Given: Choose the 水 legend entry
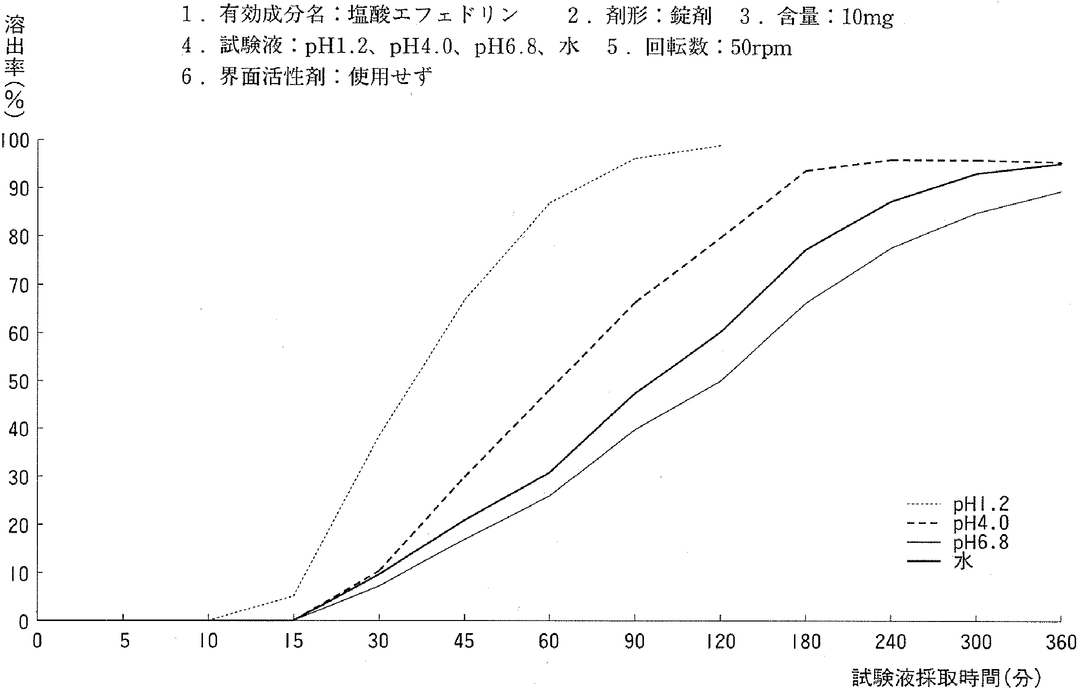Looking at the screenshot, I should click(963, 562).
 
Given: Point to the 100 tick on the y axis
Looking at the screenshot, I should click(16, 141).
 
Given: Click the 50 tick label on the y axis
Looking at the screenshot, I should click(18, 381).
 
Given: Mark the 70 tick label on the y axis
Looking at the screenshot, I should click(18, 285).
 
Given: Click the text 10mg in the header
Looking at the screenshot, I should click(867, 18).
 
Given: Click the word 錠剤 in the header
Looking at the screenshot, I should click(692, 17).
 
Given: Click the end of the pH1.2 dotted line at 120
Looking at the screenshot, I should click(720, 146).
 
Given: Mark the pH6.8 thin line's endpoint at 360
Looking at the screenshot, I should click(1061, 192).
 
